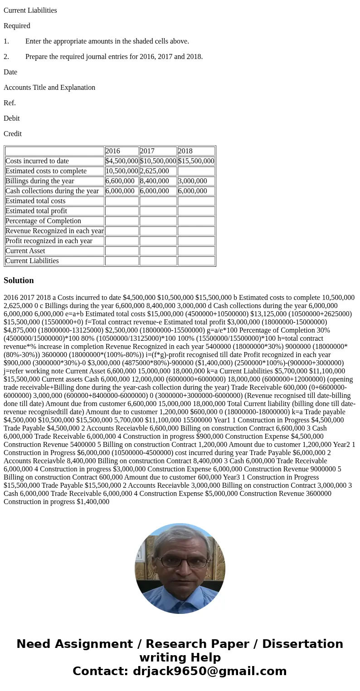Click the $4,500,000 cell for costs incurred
122,161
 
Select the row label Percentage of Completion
44,221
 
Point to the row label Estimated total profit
36,211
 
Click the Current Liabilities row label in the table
32,261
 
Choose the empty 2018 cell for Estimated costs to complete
196,171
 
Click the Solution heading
19,280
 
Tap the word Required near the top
17,26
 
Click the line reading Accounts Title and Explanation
49,88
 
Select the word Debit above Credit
12,118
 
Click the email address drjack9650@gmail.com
209,671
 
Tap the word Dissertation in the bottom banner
302,644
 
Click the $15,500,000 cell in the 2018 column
196,161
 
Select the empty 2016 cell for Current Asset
122,251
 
